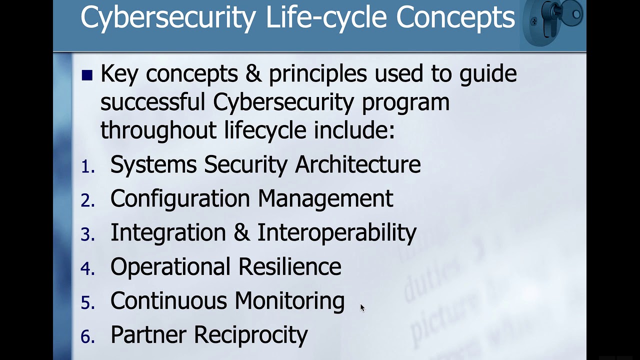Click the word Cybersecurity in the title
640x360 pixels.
[167, 17]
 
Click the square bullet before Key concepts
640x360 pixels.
[87, 75]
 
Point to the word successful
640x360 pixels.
[153, 102]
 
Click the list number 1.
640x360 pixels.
[88, 167]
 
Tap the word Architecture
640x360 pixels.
[357, 164]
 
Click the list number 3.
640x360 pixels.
[88, 234]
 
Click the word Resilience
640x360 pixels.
[289, 266]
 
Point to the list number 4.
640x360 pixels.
[88, 268]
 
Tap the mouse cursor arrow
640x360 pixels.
[362, 307]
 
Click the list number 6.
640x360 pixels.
[88, 337]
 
